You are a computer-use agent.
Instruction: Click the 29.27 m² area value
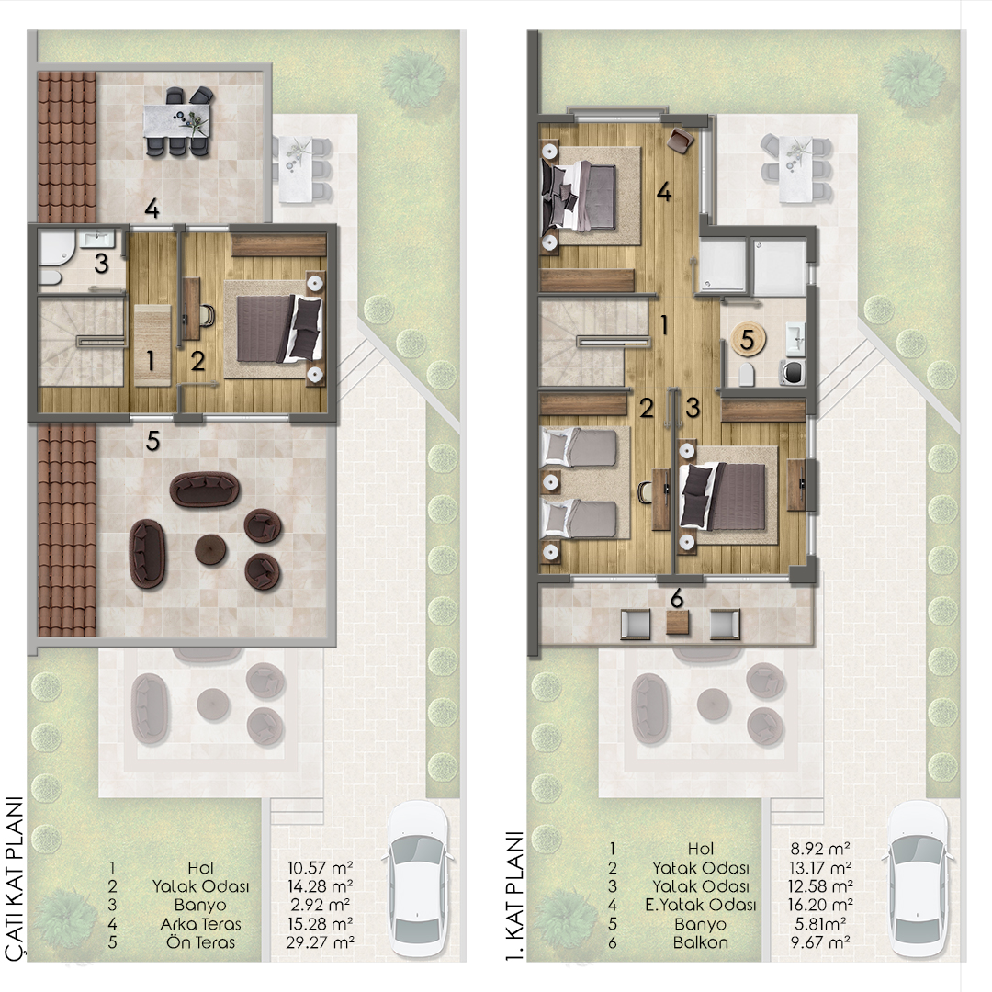click(320, 942)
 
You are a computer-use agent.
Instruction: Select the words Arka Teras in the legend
click(200, 924)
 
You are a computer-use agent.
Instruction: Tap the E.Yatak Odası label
click(700, 906)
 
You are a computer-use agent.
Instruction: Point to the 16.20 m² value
click(820, 906)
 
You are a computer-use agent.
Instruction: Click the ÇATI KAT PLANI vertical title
click(14, 879)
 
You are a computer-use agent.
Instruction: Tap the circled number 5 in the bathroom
click(748, 339)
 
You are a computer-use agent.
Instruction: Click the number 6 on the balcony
click(677, 599)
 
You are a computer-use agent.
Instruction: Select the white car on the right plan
click(918, 879)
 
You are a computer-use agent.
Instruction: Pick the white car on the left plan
click(418, 879)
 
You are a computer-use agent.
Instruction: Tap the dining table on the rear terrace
click(178, 120)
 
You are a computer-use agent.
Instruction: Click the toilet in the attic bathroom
click(50, 277)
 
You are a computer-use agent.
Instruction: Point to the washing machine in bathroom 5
click(793, 372)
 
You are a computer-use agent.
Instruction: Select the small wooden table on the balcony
click(678, 623)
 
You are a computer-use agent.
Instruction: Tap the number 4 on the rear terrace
click(152, 209)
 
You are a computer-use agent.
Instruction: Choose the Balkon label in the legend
click(700, 942)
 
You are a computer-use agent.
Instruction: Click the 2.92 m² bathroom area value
click(320, 906)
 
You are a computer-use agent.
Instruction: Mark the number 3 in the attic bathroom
click(101, 264)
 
